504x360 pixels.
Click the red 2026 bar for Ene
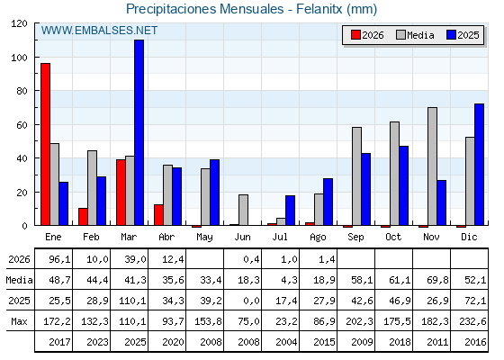pos(45,144)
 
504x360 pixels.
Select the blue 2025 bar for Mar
pos(139,132)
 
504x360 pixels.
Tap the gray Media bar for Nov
pos(432,166)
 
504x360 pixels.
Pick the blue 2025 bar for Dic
pos(479,165)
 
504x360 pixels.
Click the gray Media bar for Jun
pos(243,210)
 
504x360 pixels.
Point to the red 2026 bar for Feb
pos(83,217)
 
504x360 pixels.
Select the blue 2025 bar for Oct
pos(404,185)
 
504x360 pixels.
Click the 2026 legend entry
pos(367,35)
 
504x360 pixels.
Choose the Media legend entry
pos(415,35)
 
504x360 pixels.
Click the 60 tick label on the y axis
pos(22,125)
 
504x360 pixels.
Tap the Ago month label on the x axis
pos(318,238)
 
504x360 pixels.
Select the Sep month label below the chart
pos(355,238)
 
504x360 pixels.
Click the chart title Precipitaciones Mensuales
pos(205,9)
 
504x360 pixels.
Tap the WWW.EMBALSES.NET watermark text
pos(99,31)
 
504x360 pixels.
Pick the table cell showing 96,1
pos(59,259)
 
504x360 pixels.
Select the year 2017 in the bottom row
pos(59,342)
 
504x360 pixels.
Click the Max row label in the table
pos(19,321)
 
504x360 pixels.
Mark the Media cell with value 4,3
pos(289,280)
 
